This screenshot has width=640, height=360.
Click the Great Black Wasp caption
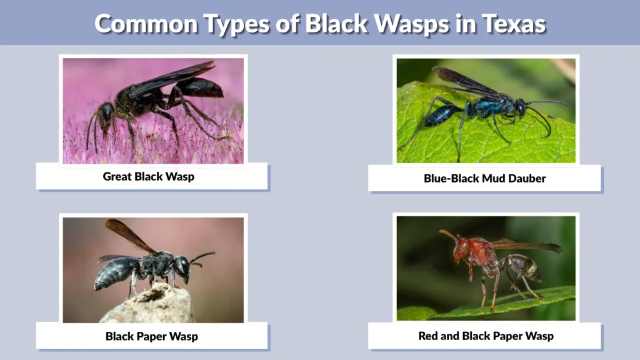149,176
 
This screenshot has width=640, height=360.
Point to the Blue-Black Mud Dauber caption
484,178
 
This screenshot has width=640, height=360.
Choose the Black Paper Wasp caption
151,336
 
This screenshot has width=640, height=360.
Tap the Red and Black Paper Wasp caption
486,336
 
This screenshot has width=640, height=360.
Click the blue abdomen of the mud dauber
442,114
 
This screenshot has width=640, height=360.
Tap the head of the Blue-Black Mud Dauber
520,108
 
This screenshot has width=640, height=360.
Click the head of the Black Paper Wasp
182,265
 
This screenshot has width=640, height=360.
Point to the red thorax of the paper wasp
484,250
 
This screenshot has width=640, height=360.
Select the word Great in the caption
117,176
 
